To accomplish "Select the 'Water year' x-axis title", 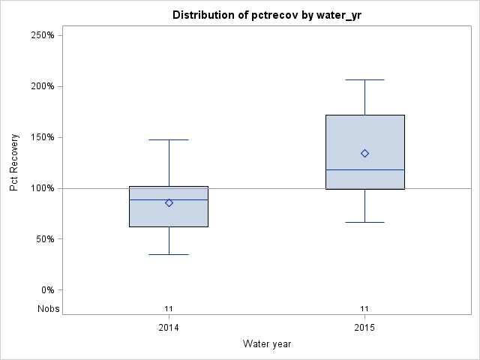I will point(267,343).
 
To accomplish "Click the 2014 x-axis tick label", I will point(169,328).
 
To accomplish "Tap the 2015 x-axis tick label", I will point(364,328).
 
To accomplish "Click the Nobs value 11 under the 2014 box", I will point(169,308).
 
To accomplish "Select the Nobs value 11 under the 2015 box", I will point(364,308).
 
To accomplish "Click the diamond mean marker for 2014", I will point(169,202).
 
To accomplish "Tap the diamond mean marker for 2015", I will point(364,153).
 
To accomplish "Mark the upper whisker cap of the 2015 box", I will point(364,79).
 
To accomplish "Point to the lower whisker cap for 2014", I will point(169,254).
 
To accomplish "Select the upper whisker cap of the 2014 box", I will point(169,139).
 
